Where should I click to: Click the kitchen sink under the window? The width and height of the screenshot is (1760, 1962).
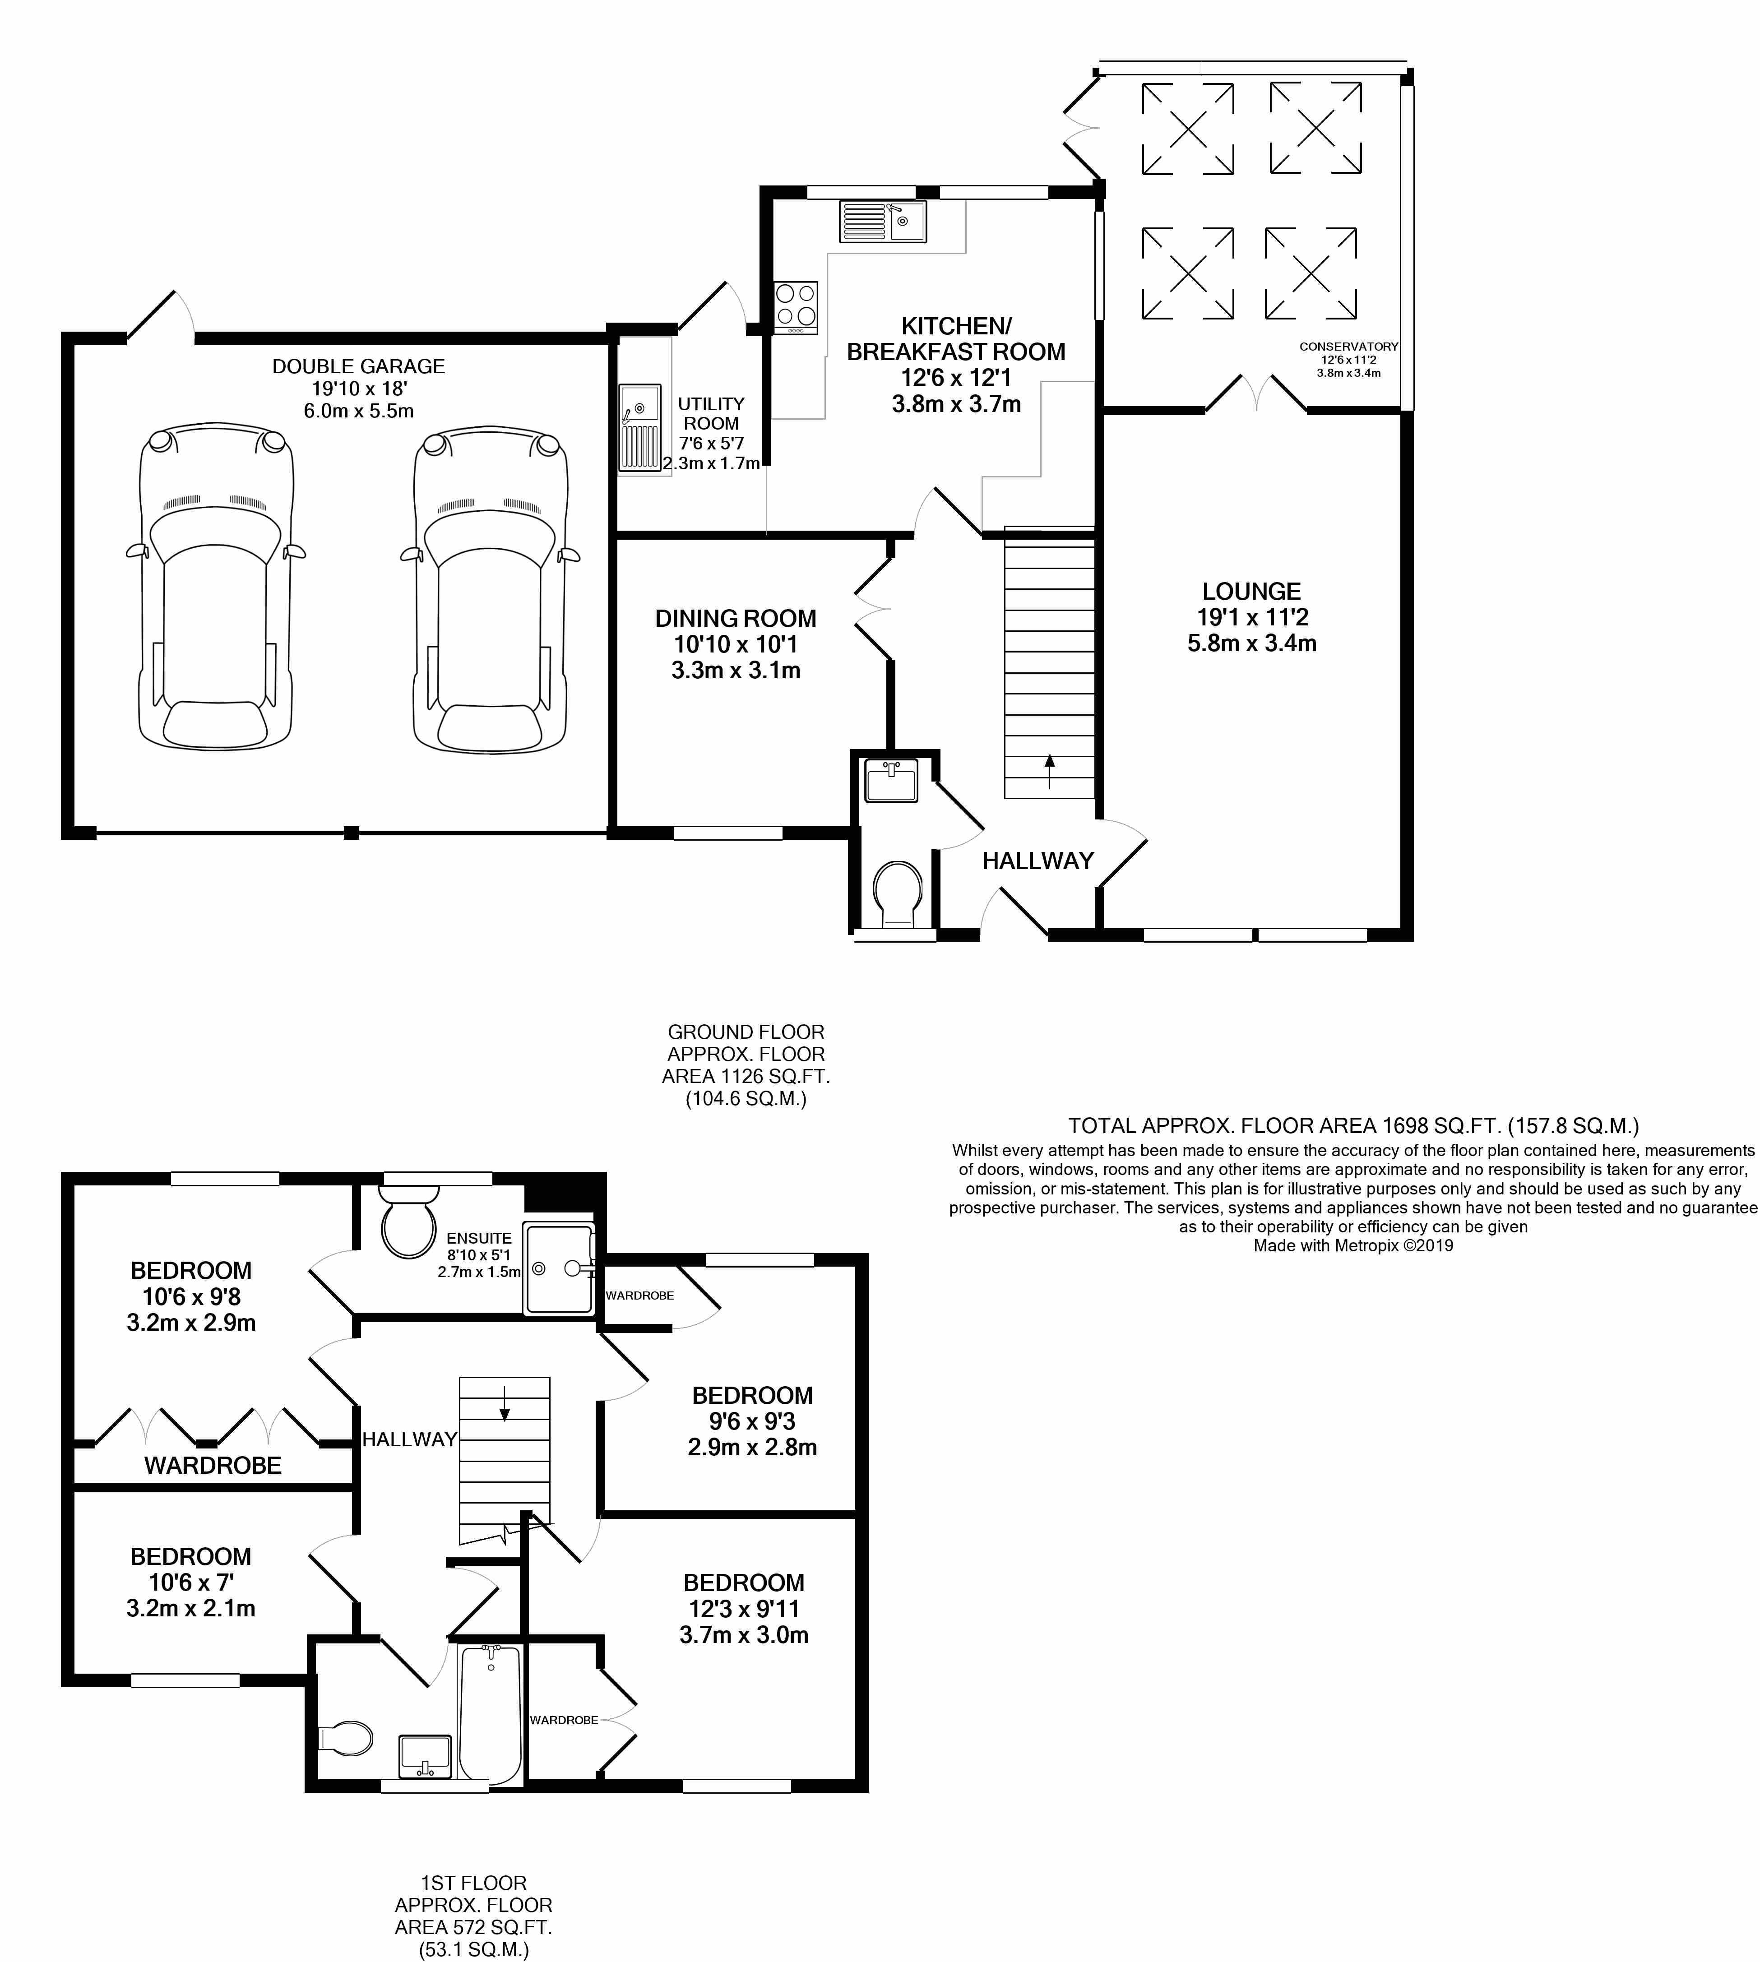[882, 222]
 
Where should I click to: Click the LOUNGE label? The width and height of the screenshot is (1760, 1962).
[1251, 591]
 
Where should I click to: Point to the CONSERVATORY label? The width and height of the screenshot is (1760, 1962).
[1348, 346]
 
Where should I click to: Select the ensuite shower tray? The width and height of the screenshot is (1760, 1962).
[558, 1269]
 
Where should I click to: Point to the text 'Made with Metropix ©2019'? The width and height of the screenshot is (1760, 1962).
[1353, 1245]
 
